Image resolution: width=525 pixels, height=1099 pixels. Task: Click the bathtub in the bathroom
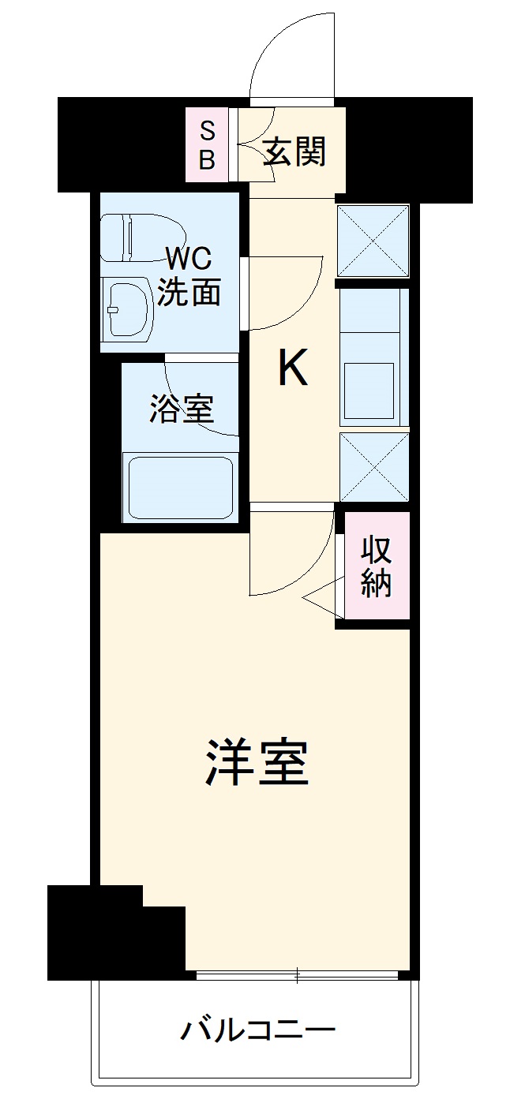point(180,486)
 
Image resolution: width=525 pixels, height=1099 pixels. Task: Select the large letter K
point(292,368)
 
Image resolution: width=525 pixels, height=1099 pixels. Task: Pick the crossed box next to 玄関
point(373,241)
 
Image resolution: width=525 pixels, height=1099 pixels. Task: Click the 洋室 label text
point(257,763)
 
